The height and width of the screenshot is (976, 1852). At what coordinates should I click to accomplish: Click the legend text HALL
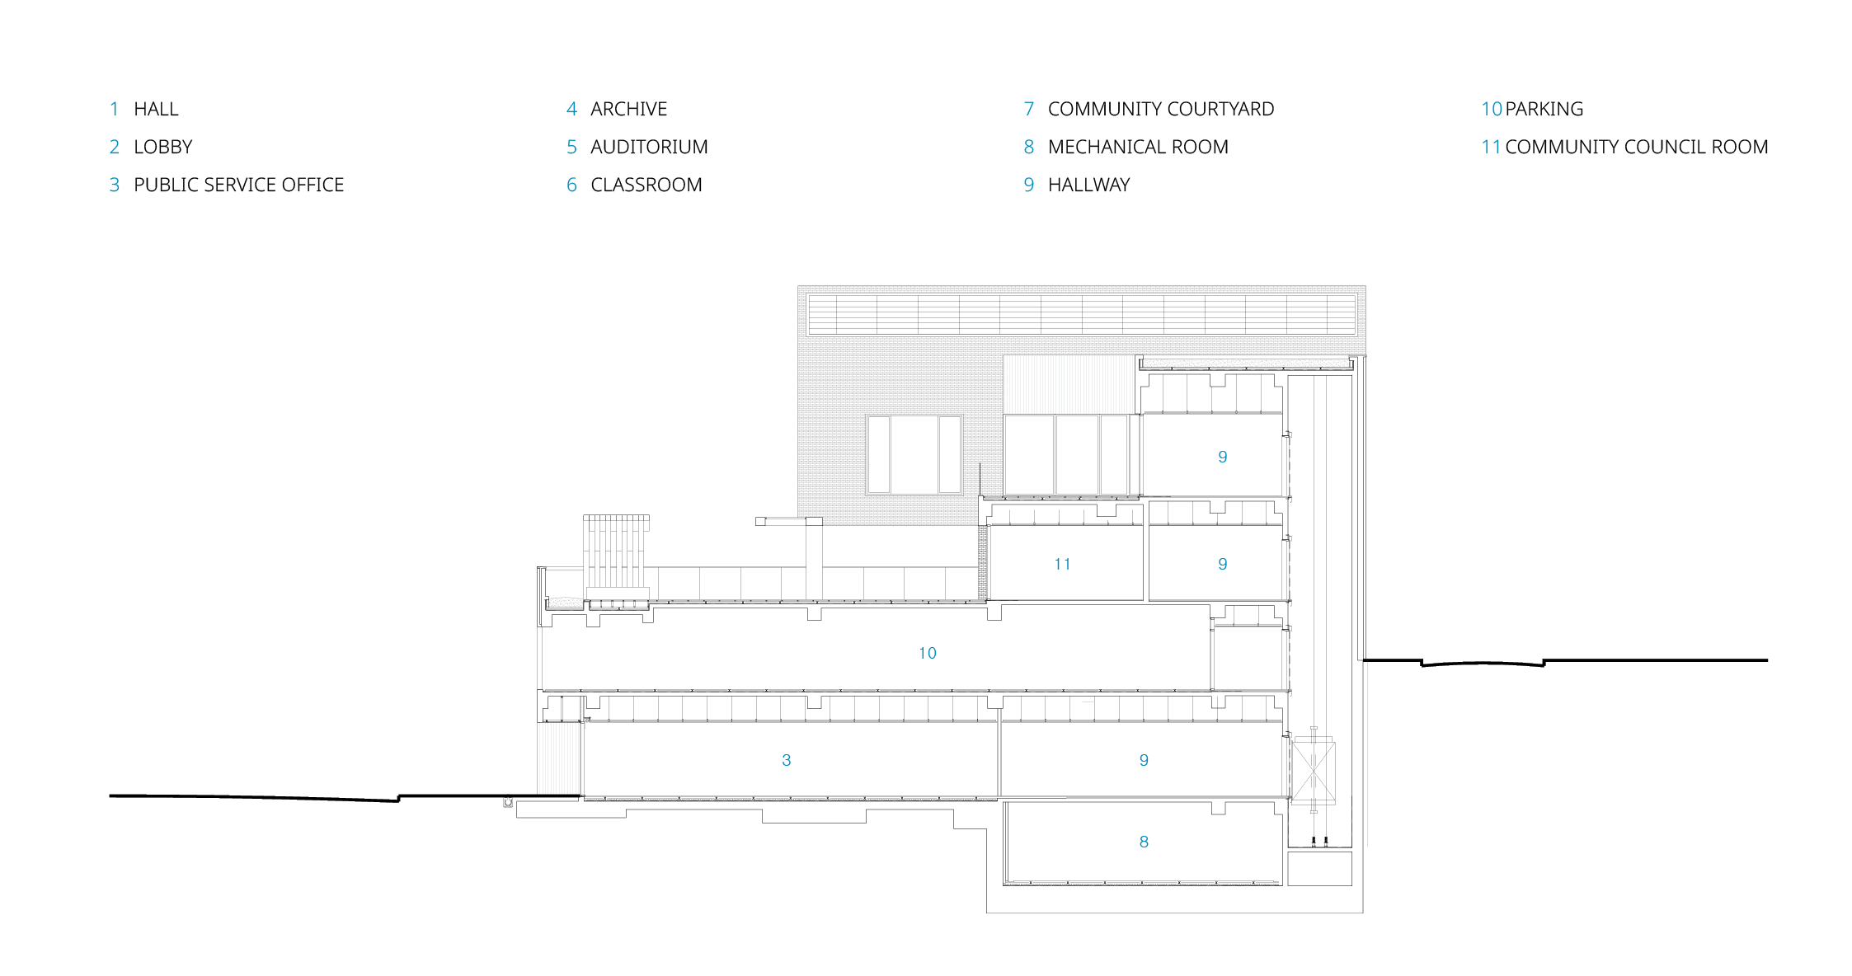click(x=156, y=109)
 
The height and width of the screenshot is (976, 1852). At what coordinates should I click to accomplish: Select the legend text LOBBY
click(x=162, y=147)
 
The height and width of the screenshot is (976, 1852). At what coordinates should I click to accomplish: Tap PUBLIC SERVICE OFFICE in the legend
click(x=238, y=185)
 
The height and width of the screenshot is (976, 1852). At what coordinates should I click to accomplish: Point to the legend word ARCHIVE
click(x=628, y=109)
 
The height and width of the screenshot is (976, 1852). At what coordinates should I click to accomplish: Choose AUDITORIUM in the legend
click(x=649, y=147)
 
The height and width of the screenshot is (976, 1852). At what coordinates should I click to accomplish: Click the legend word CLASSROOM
click(x=646, y=185)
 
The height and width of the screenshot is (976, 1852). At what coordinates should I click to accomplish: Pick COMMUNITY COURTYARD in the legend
click(x=1160, y=109)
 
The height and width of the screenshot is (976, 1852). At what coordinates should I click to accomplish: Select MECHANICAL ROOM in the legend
click(x=1138, y=147)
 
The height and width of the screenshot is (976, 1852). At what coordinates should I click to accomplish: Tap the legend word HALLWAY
click(x=1088, y=185)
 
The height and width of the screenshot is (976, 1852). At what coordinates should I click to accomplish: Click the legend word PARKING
click(x=1544, y=109)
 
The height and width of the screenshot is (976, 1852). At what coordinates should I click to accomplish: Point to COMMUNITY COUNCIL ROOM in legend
click(x=1636, y=147)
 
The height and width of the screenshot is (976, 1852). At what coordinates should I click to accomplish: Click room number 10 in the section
click(x=928, y=653)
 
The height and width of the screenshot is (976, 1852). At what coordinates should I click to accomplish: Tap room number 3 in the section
click(x=787, y=760)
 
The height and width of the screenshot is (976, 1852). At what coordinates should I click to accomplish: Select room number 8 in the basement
click(x=1144, y=842)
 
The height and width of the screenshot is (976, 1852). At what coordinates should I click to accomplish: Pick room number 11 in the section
click(x=1062, y=564)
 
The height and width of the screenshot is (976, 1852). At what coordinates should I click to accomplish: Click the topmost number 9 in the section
click(x=1223, y=457)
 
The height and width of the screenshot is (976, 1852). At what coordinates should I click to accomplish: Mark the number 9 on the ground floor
click(x=1144, y=760)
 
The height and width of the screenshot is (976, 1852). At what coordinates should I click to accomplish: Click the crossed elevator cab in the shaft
click(x=1313, y=772)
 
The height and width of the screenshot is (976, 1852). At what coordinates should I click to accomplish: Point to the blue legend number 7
click(x=1028, y=109)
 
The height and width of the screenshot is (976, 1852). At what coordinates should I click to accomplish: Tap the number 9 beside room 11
click(x=1223, y=564)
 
